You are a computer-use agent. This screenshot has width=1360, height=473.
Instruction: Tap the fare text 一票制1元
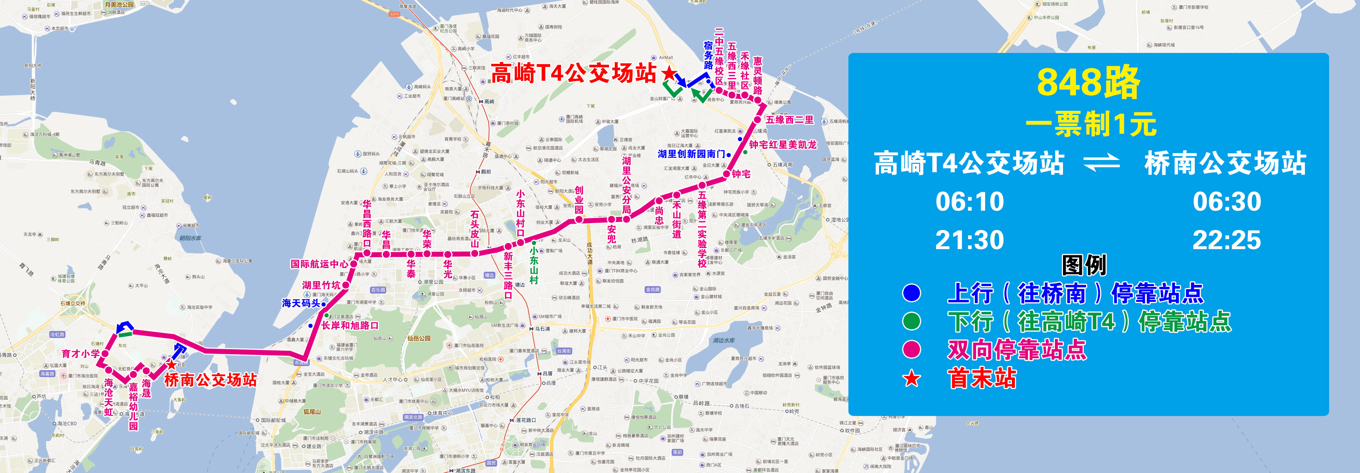[1091, 124]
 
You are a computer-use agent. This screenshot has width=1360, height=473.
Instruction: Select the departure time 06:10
[970, 202]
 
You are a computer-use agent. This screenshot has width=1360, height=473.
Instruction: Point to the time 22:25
[1227, 240]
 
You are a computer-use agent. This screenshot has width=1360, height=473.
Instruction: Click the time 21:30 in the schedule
[970, 240]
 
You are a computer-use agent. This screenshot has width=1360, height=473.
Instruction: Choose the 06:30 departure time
[1227, 202]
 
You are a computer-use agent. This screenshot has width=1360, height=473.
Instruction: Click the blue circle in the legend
[911, 293]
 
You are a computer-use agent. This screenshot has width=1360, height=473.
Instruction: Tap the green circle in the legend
[911, 321]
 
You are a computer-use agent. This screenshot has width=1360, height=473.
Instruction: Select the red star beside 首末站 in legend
[911, 378]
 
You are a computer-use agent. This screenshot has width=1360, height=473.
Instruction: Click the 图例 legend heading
[1083, 265]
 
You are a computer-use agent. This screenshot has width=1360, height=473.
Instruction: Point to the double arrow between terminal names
[1102, 163]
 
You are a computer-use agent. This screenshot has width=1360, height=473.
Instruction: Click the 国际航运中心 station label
[319, 264]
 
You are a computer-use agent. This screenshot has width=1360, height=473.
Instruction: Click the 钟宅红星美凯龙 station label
[783, 145]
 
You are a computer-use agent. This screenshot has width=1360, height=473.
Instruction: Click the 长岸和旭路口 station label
[350, 326]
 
